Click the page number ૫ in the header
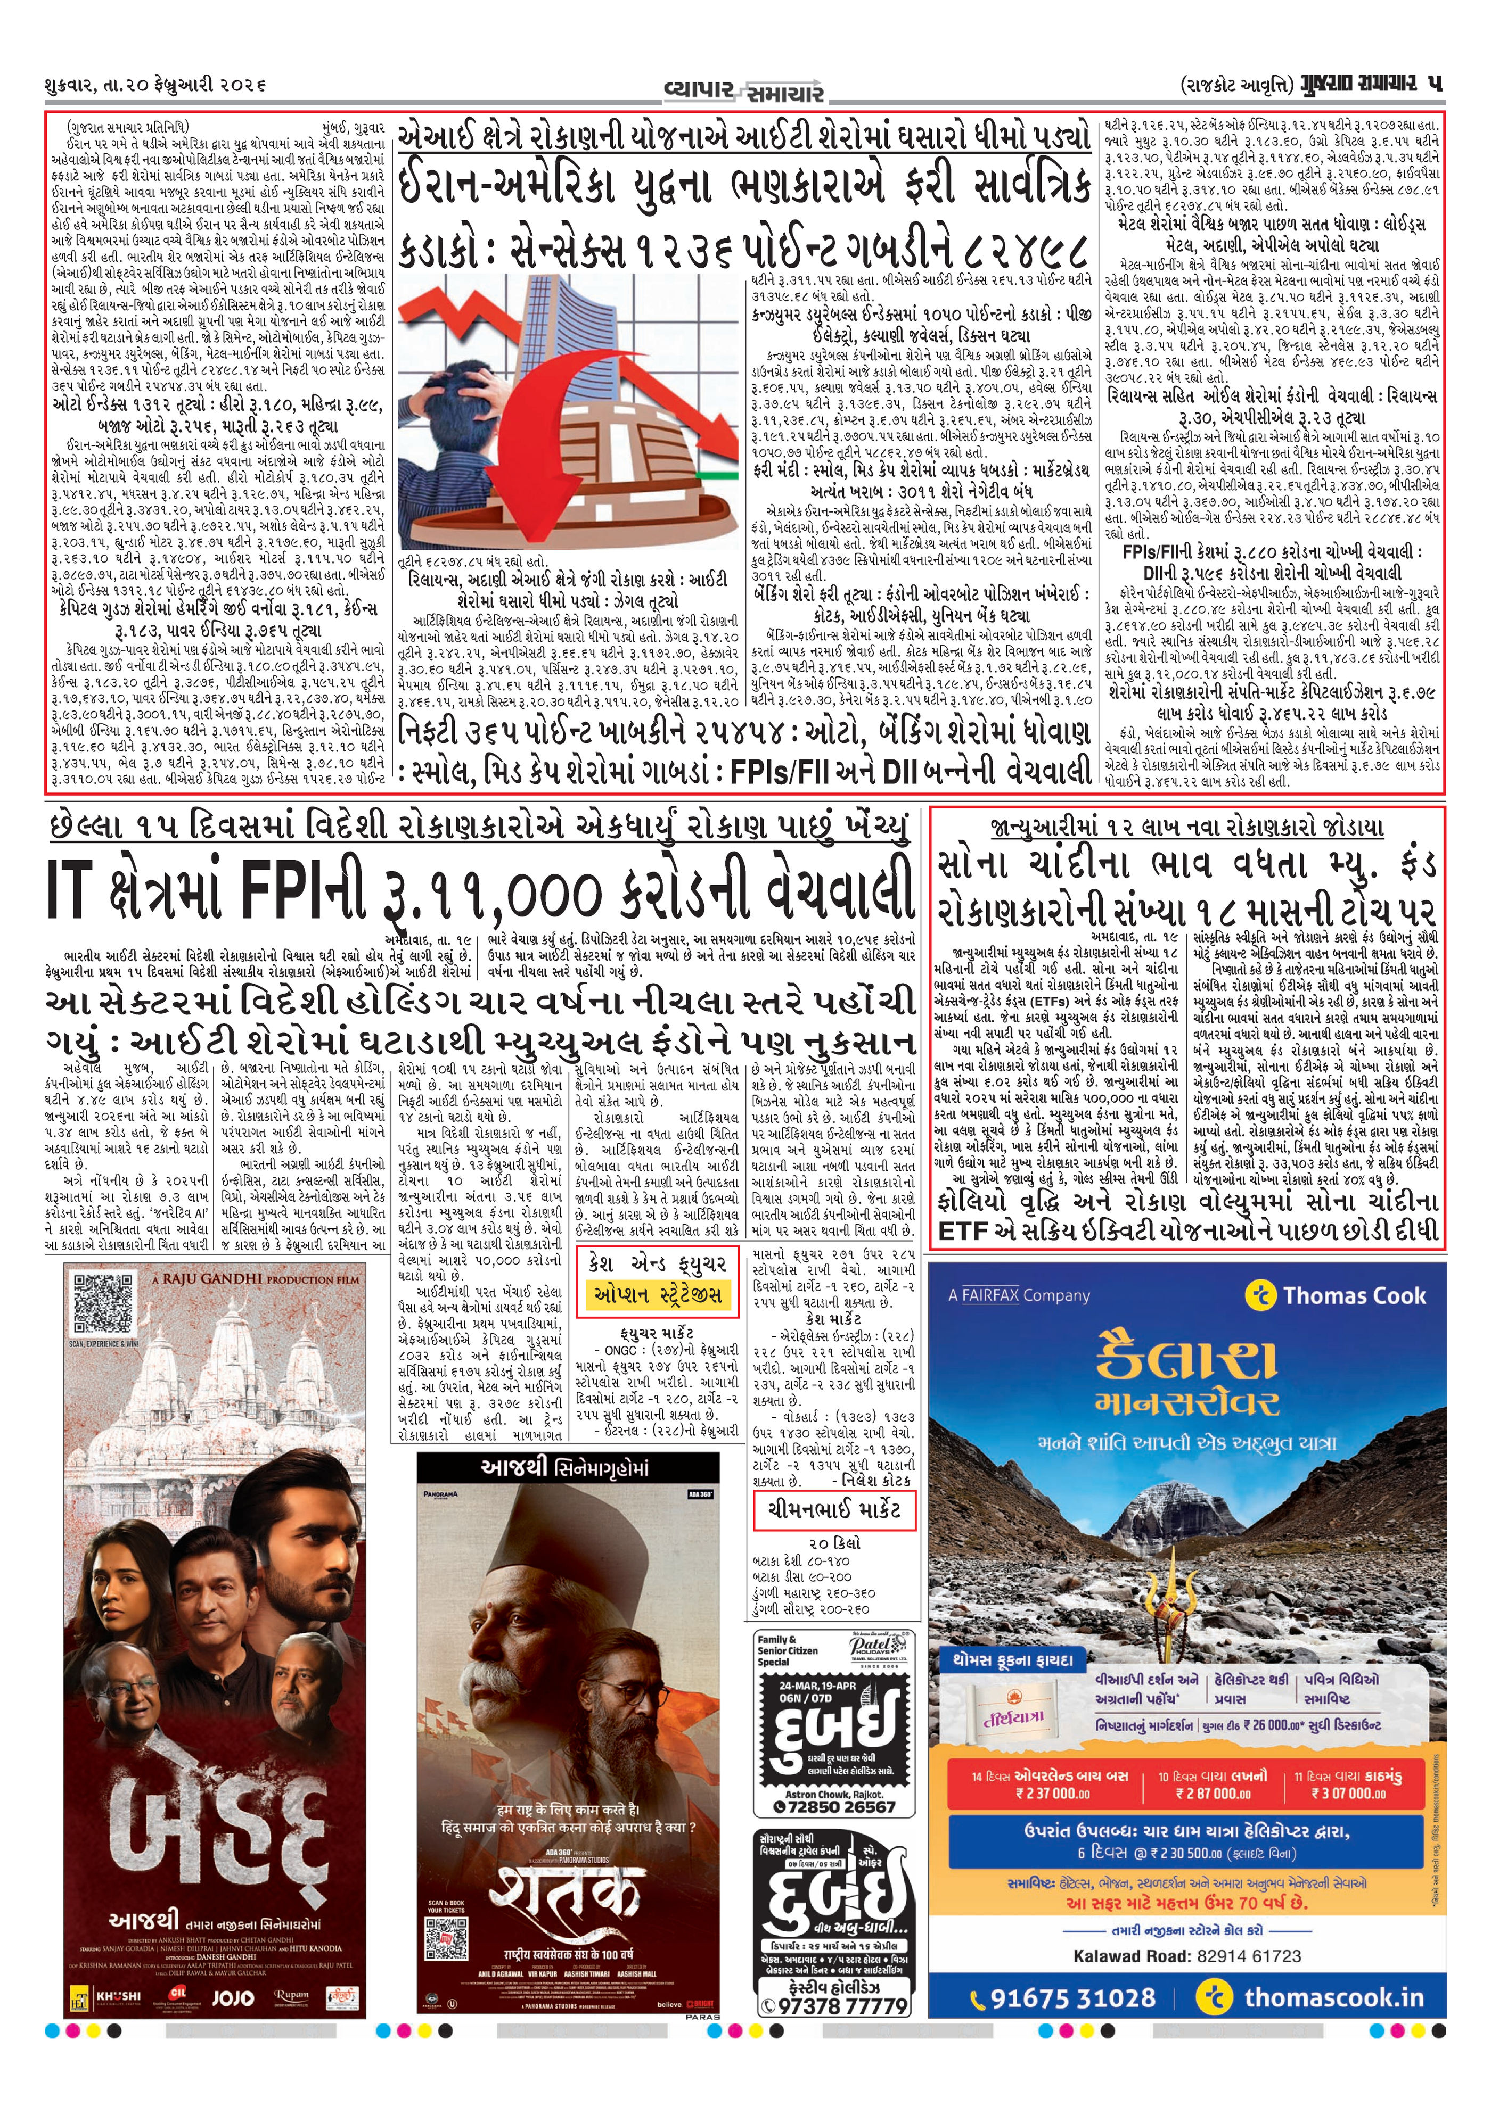click(1434, 84)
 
